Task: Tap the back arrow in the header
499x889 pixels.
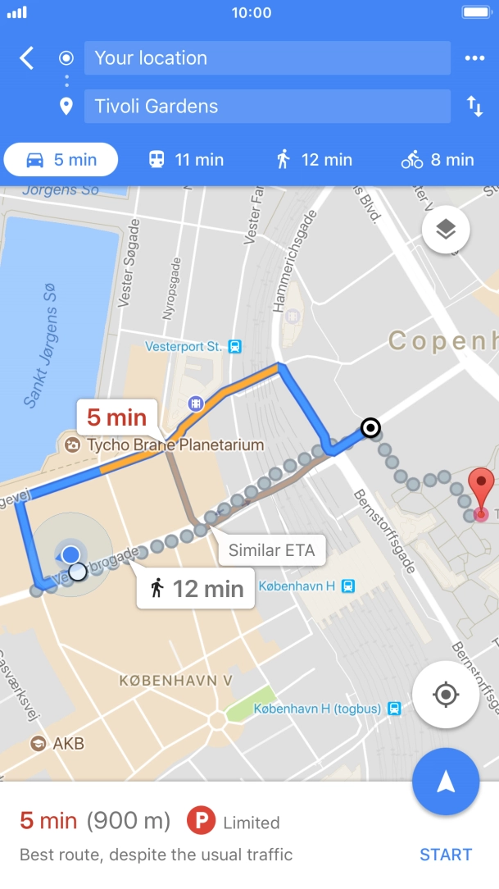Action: click(x=27, y=58)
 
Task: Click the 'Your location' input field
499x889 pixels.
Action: click(x=267, y=58)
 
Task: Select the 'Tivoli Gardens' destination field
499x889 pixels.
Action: click(x=267, y=107)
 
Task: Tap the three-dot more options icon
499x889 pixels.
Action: click(x=474, y=58)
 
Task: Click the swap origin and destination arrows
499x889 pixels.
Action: click(x=474, y=107)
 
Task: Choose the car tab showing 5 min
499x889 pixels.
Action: click(x=61, y=160)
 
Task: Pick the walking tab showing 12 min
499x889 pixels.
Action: click(x=314, y=160)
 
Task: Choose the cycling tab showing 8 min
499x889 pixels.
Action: click(x=438, y=160)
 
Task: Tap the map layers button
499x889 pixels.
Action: click(x=446, y=230)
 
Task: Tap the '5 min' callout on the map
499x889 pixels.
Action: click(x=116, y=417)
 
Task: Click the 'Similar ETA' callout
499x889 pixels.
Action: click(x=271, y=550)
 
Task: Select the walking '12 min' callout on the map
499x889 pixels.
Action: click(x=196, y=588)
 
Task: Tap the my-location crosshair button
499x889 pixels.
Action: click(x=446, y=695)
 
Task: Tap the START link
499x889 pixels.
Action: click(x=446, y=855)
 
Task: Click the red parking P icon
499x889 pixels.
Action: click(x=200, y=822)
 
